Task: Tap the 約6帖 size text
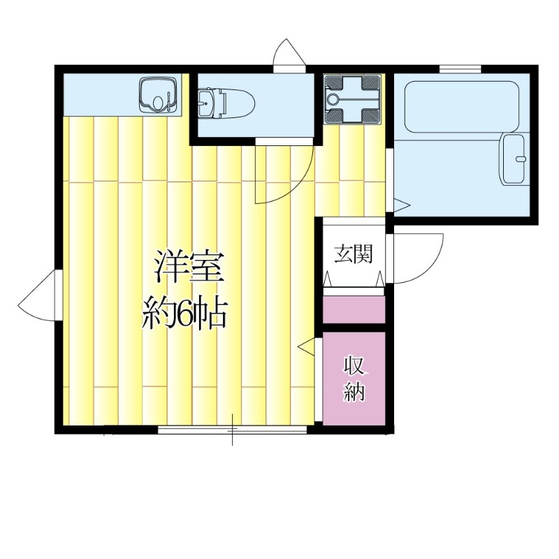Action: point(184,316)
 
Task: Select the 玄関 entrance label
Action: point(352,254)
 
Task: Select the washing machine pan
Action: point(352,99)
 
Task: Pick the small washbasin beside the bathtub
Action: point(515,159)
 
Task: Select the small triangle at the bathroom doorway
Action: point(401,205)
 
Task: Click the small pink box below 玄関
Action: point(354,310)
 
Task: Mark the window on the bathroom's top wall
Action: point(460,68)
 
